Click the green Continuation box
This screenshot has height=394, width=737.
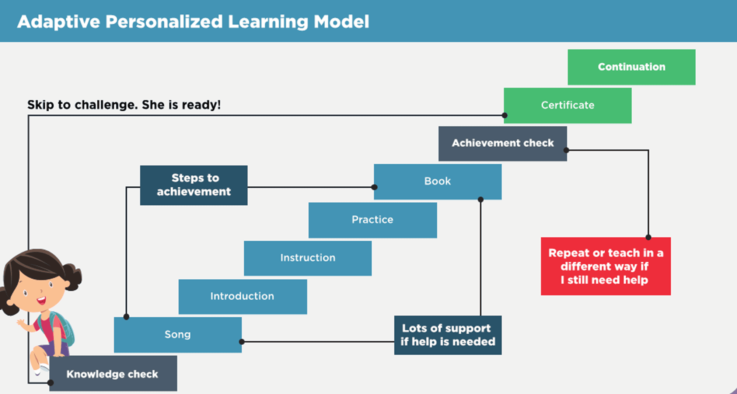pyautogui.click(x=632, y=67)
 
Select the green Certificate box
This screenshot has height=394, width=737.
pyautogui.click(x=567, y=105)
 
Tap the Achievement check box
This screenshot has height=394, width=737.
pyautogui.click(x=503, y=144)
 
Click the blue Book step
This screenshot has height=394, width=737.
pyautogui.click(x=438, y=182)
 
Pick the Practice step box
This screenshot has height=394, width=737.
pyautogui.click(x=373, y=220)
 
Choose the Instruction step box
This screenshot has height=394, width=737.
pyautogui.click(x=308, y=258)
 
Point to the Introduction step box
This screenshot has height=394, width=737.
pyautogui.click(x=242, y=297)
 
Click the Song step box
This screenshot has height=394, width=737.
pyautogui.click(x=178, y=335)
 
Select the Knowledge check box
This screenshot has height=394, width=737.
pyautogui.click(x=113, y=373)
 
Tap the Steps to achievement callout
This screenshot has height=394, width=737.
pyautogui.click(x=194, y=185)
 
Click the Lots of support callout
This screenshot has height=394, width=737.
pyautogui.click(x=448, y=335)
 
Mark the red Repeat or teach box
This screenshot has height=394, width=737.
pyautogui.click(x=606, y=266)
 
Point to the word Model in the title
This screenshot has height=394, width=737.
pyautogui.click(x=341, y=21)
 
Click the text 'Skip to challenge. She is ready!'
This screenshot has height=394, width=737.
pyautogui.click(x=124, y=105)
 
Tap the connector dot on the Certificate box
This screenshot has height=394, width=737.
pyautogui.click(x=505, y=115)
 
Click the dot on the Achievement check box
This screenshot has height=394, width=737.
pyautogui.click(x=566, y=150)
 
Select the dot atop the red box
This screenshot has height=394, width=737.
pyautogui.click(x=649, y=237)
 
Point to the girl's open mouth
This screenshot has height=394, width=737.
pyautogui.click(x=41, y=300)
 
